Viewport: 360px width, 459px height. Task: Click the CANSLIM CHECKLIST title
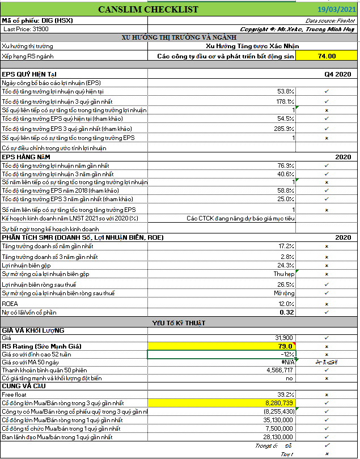(149, 9)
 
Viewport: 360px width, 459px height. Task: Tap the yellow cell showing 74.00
(327, 56)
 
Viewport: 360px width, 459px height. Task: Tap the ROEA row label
(11, 303)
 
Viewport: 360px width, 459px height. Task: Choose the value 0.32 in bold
(287, 312)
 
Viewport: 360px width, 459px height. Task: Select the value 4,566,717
(277, 370)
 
